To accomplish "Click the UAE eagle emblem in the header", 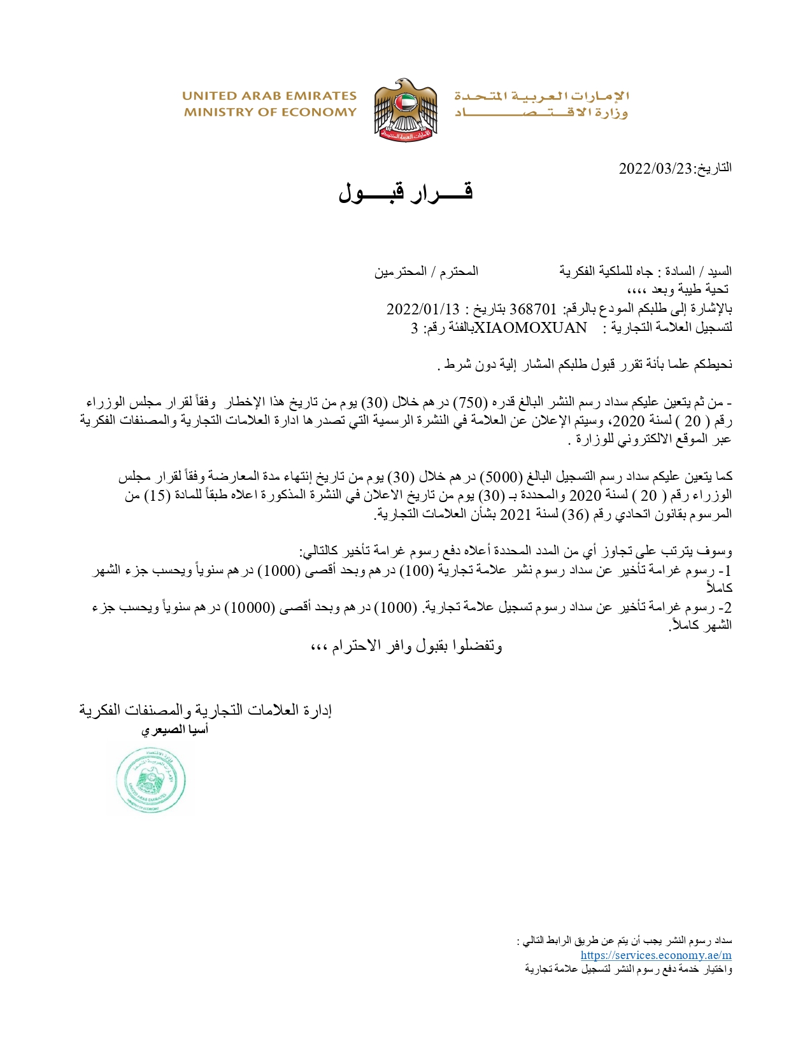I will tap(406, 109).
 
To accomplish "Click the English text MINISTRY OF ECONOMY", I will tap(270, 113).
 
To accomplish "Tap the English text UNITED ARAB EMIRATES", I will tap(269, 96).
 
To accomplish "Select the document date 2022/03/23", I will tap(655, 169).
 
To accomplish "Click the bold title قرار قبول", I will tap(405, 192).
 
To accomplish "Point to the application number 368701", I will tap(533, 309).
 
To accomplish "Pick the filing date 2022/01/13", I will tap(423, 309).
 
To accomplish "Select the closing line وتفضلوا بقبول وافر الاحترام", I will tap(406, 647).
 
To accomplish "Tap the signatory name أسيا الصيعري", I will tap(175, 730).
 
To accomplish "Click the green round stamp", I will tap(151, 780).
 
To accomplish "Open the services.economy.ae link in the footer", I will tap(655, 955).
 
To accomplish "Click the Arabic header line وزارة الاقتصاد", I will tap(541, 113).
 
